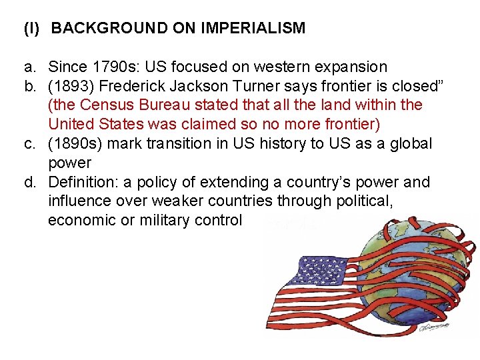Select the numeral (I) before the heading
tap(31, 29)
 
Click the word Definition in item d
tap(81, 182)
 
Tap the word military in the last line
tap(165, 221)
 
